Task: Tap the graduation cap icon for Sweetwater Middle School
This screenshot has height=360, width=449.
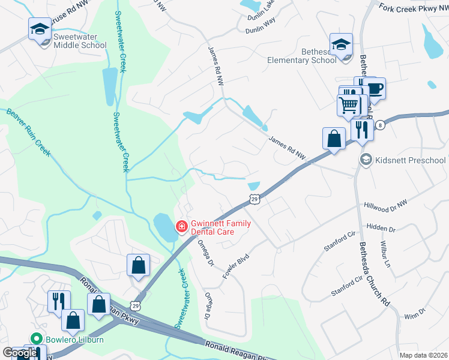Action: pyautogui.click(x=40, y=29)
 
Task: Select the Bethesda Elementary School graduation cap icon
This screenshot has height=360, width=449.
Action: pyautogui.click(x=341, y=44)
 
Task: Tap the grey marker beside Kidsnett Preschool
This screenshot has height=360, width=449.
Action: pyautogui.click(x=364, y=160)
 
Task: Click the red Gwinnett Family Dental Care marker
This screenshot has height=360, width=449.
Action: pyautogui.click(x=180, y=226)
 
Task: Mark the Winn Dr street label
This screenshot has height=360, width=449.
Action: pyautogui.click(x=414, y=313)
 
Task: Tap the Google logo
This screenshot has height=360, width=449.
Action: pyautogui.click(x=19, y=353)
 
